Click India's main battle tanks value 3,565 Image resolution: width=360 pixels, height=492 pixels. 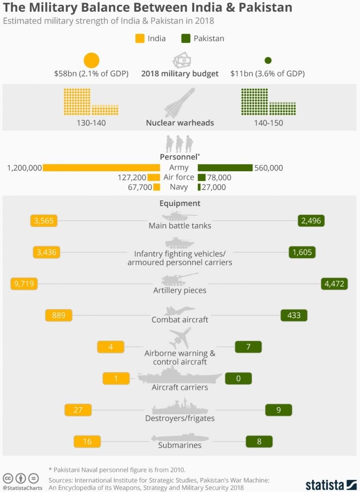[44, 221]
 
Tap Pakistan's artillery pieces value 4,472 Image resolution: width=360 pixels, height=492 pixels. [334, 284]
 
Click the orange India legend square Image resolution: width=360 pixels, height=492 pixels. [139, 38]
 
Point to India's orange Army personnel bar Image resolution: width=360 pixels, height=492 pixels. [101, 167]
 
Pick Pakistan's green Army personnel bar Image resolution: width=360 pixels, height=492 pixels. [225, 167]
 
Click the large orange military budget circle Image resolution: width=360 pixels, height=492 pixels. [91, 61]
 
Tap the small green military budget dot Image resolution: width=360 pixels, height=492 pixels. [268, 61]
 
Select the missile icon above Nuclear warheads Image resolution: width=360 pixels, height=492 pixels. [180, 103]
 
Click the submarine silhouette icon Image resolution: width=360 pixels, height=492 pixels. [180, 438]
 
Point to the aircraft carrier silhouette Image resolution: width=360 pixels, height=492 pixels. [180, 377]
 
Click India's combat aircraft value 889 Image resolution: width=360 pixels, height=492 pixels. [59, 315]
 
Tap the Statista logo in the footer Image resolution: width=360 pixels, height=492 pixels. [331, 484]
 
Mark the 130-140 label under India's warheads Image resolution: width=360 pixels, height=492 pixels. [91, 123]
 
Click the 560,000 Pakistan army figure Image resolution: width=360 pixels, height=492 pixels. [269, 167]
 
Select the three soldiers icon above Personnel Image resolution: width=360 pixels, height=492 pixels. [180, 143]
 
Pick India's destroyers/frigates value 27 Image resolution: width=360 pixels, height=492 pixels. [78, 409]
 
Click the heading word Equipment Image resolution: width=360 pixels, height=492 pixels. [180, 204]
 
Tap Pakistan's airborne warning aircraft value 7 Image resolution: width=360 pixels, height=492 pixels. [248, 347]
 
